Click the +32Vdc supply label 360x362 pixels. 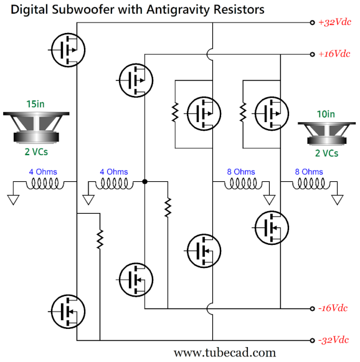point(335,22)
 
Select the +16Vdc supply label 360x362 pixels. point(334,54)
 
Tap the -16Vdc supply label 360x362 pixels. point(333,308)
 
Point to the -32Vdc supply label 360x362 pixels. point(333,340)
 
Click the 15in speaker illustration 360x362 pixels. point(36,128)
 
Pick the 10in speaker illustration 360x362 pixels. point(327,134)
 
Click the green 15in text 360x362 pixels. point(36,104)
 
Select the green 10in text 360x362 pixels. point(326,114)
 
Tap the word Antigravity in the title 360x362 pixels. point(178,10)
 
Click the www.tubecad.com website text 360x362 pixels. point(225,353)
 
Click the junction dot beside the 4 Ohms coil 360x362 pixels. point(144,182)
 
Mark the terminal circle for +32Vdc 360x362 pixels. point(312,22)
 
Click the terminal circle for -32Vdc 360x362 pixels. point(312,340)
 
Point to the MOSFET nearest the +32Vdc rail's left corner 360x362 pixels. point(68,50)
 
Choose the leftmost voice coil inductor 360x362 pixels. point(45,184)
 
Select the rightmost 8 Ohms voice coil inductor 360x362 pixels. point(311,184)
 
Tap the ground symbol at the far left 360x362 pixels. point(13,200)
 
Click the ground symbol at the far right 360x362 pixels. point(338,200)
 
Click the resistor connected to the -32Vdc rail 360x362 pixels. point(100,239)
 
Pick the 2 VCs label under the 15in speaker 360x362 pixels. point(36,152)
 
